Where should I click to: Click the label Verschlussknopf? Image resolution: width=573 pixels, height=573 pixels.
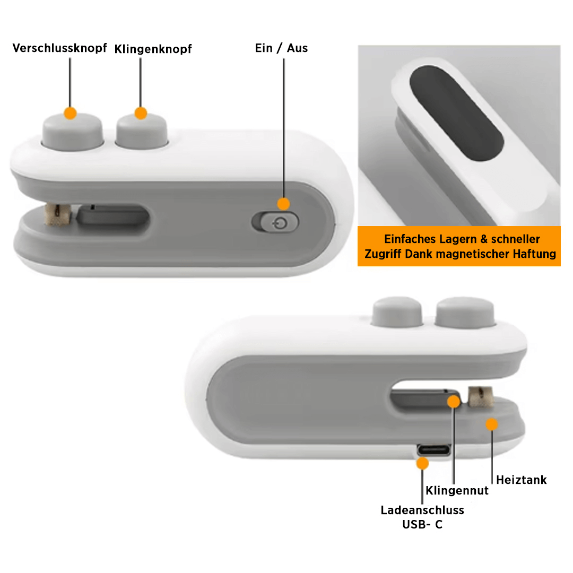pyautogui.click(x=59, y=48)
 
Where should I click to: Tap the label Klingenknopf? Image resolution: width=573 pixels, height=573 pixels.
pyautogui.click(x=153, y=49)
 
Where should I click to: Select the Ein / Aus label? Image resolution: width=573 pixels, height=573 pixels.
pyautogui.click(x=281, y=48)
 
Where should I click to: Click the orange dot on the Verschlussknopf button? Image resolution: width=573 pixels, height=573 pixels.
pyautogui.click(x=70, y=113)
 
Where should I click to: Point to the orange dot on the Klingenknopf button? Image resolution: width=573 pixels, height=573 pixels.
pyautogui.click(x=141, y=113)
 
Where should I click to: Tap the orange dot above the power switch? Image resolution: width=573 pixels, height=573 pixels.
pyautogui.click(x=284, y=204)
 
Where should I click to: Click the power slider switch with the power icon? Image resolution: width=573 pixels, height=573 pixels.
pyautogui.click(x=275, y=222)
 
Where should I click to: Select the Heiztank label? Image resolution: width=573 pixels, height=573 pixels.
pyautogui.click(x=521, y=480)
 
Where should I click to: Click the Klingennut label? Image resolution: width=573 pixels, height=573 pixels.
pyautogui.click(x=457, y=491)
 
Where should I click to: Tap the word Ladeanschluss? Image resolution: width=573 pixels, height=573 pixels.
pyautogui.click(x=422, y=510)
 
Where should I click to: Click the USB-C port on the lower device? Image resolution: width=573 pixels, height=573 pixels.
pyautogui.click(x=435, y=450)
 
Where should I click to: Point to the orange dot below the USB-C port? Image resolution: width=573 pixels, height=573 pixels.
pyautogui.click(x=423, y=464)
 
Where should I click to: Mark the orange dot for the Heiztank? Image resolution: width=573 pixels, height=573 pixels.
pyautogui.click(x=492, y=424)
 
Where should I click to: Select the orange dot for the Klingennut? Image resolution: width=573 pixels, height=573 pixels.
pyautogui.click(x=454, y=401)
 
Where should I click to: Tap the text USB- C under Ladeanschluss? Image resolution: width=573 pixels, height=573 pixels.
pyautogui.click(x=422, y=525)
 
